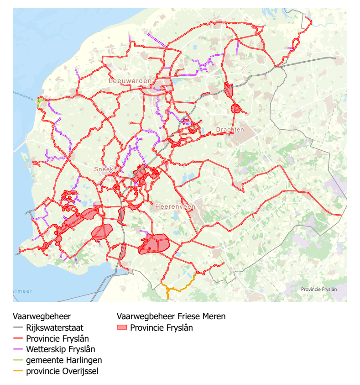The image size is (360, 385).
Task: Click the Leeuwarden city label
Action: click(130, 81)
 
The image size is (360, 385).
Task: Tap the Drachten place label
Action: click(230, 130)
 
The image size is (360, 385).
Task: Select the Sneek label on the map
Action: click(103, 169)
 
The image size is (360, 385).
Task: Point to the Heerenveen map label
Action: click(175, 207)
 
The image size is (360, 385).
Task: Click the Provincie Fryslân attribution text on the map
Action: click(319, 289)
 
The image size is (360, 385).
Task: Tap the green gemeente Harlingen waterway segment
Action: click(41, 101)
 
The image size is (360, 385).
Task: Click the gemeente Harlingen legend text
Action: click(64, 360)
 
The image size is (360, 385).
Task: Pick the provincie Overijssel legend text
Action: click(62, 371)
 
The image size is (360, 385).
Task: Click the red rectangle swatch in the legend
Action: click(121, 327)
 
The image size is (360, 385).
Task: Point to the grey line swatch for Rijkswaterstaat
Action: click(18, 328)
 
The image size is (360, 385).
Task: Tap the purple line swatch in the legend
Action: click(18, 350)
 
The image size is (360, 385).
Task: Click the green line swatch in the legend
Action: click(18, 361)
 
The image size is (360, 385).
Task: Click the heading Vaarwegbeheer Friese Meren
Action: click(171, 316)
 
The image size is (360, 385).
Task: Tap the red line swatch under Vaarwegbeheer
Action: click(18, 339)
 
